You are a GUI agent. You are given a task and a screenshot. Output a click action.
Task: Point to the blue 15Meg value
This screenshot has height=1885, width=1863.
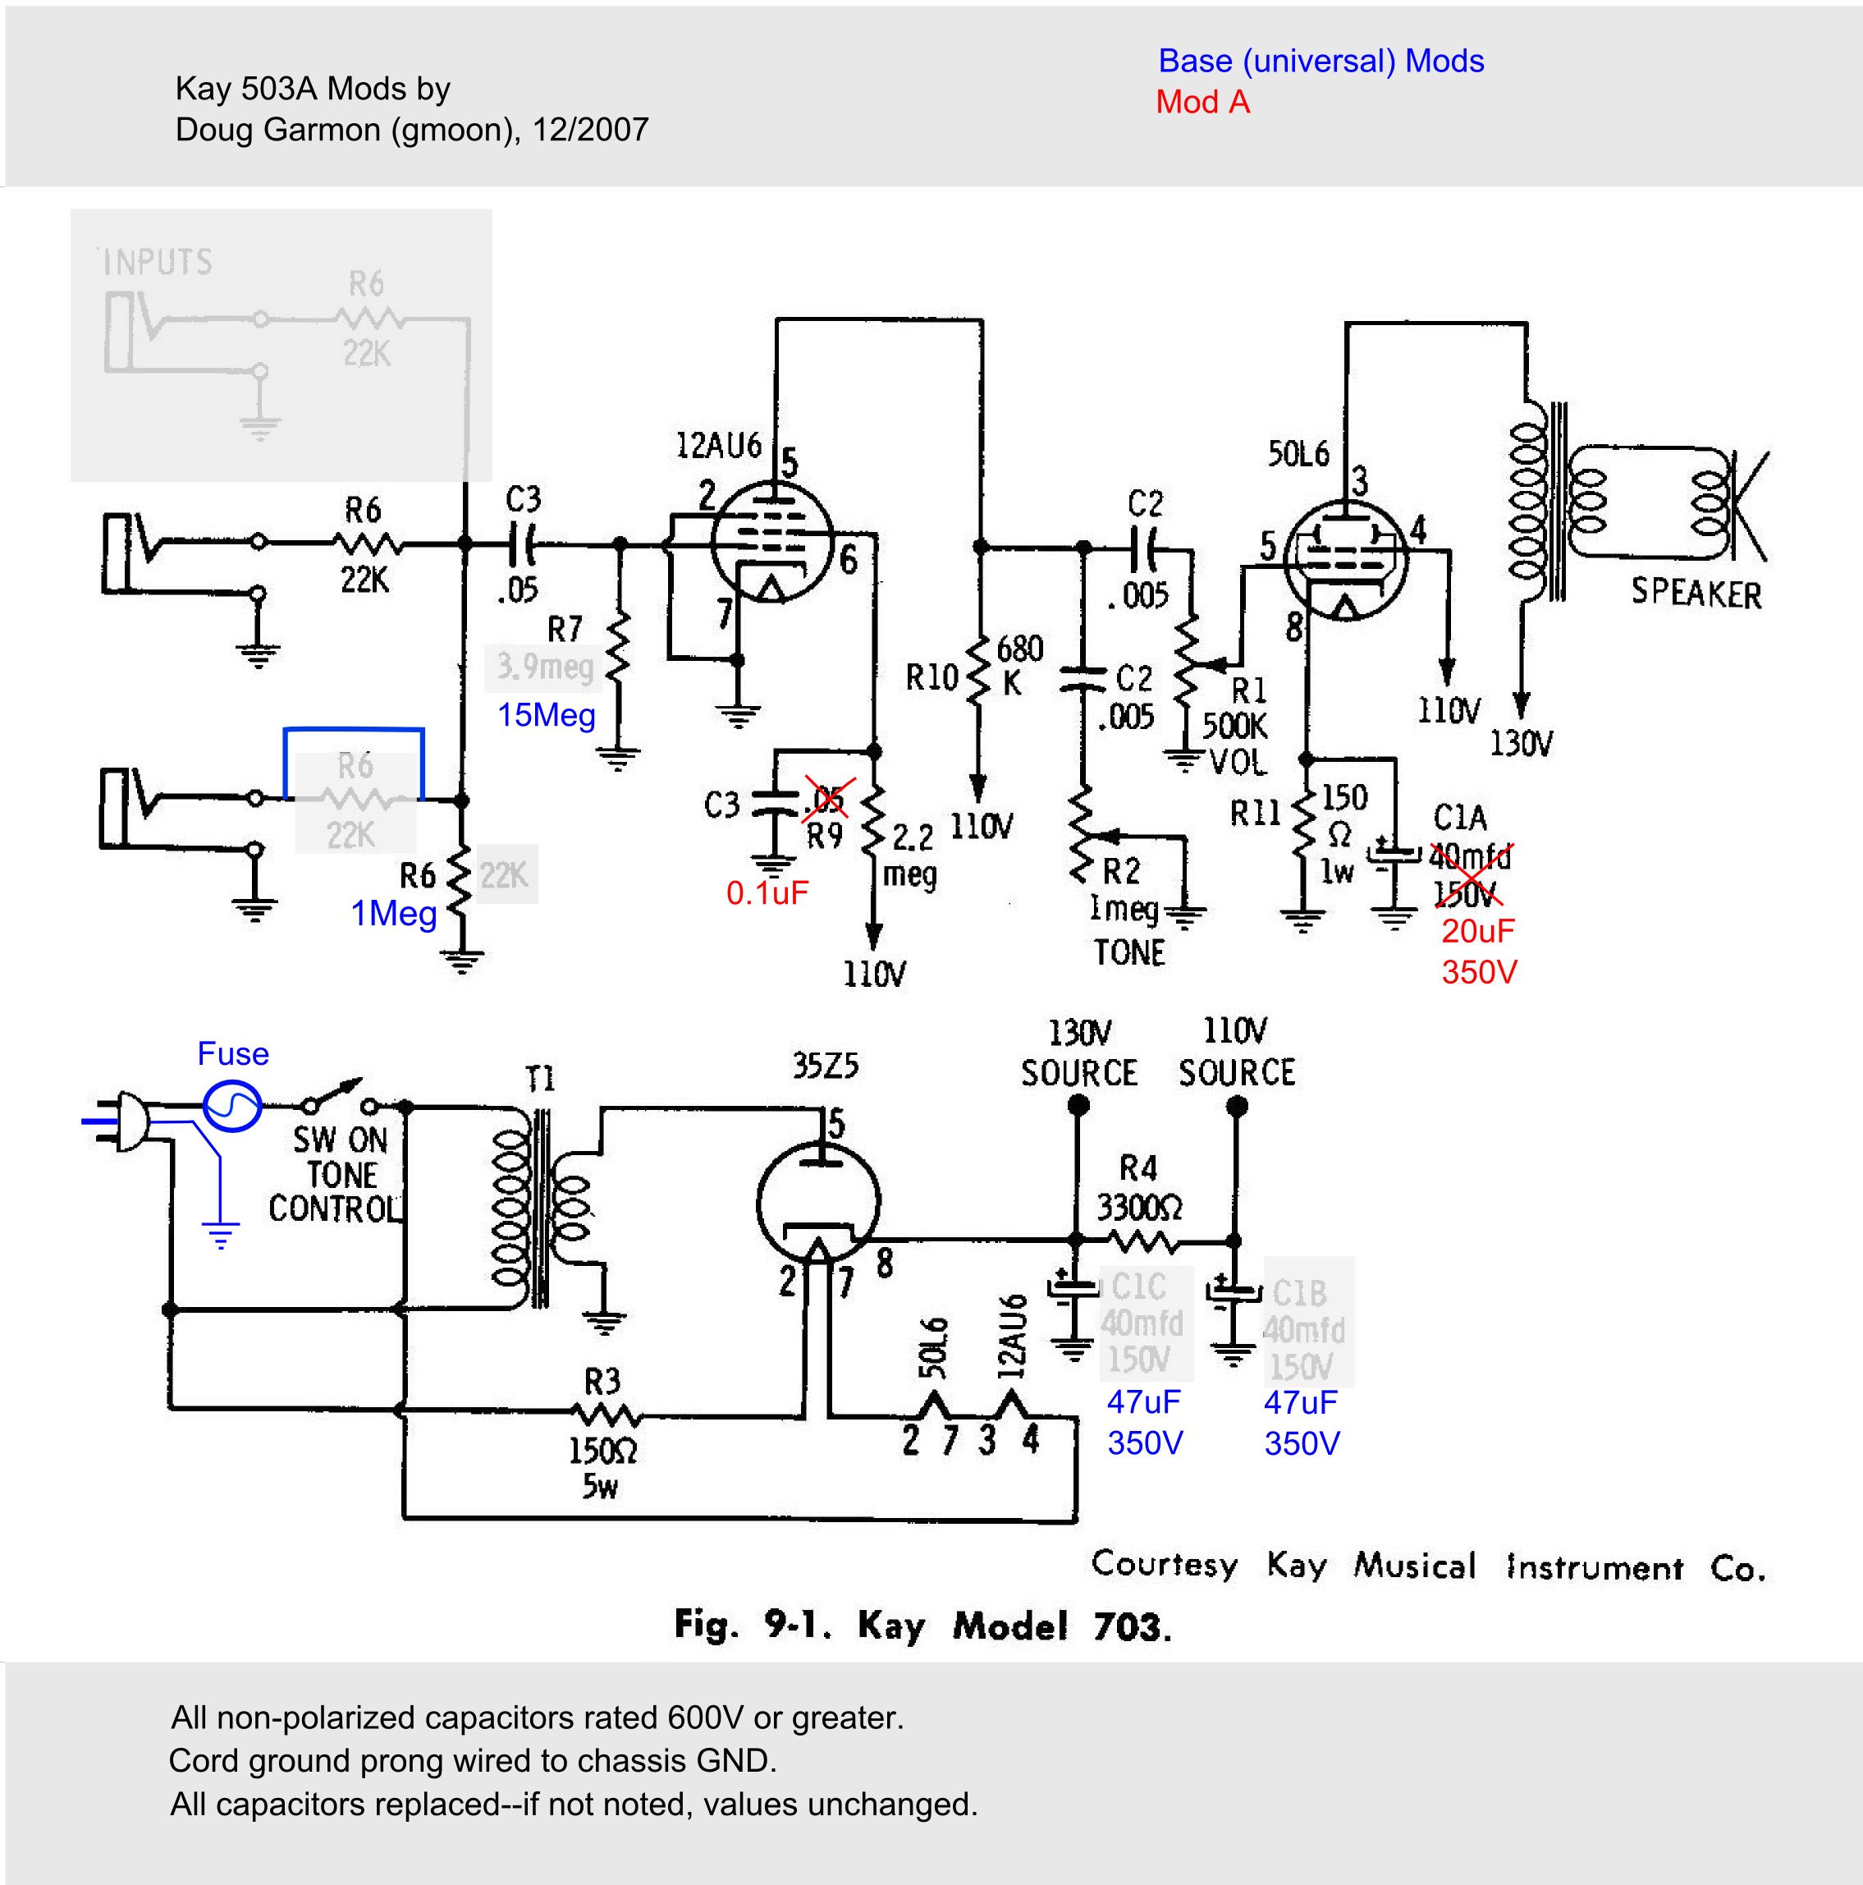pyautogui.click(x=547, y=715)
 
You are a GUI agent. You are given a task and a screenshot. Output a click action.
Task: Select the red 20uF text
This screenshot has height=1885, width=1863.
pyautogui.click(x=1478, y=931)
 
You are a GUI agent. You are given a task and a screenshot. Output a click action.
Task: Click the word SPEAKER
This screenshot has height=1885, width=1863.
pyautogui.click(x=1696, y=594)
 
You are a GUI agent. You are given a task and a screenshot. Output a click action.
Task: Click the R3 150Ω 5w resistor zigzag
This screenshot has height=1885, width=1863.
pyautogui.click(x=606, y=1414)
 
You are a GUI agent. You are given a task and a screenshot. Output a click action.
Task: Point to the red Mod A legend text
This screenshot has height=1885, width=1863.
pyautogui.click(x=1202, y=103)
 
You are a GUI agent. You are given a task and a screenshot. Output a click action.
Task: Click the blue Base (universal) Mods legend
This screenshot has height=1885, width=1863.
pyautogui.click(x=1321, y=61)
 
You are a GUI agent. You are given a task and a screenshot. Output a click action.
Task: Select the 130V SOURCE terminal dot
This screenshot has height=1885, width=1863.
pyautogui.click(x=1078, y=1105)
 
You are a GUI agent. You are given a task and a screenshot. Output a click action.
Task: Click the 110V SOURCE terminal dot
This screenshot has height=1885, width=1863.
pyautogui.click(x=1236, y=1105)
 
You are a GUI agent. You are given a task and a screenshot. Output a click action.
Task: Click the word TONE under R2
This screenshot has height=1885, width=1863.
pyautogui.click(x=1128, y=952)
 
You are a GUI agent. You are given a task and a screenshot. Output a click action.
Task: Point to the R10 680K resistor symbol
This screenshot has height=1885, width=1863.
pyautogui.click(x=979, y=673)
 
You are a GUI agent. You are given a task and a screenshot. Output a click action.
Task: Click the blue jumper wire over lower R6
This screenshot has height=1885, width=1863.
pyautogui.click(x=353, y=729)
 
